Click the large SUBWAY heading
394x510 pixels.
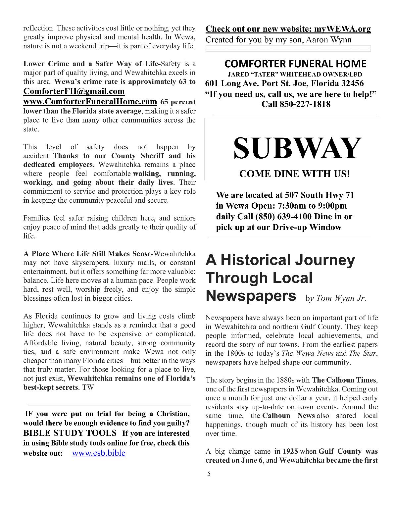click(297, 148)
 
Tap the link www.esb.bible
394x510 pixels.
click(98, 453)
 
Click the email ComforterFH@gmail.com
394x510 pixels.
click(74, 91)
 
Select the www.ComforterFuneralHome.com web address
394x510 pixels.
click(90, 101)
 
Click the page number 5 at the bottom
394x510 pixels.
click(209, 474)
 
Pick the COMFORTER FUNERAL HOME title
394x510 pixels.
click(295, 64)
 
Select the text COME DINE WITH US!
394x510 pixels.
click(294, 174)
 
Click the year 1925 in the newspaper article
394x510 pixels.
click(290, 451)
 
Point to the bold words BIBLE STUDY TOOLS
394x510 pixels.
click(70, 433)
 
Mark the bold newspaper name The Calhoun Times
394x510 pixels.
click(344, 380)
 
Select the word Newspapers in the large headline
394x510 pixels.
click(251, 296)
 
